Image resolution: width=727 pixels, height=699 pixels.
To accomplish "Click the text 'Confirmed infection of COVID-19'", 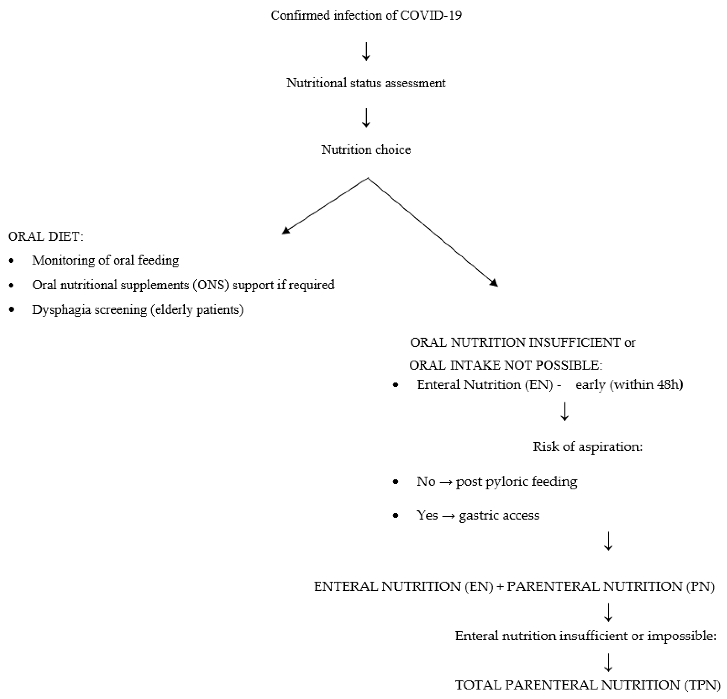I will (366, 15).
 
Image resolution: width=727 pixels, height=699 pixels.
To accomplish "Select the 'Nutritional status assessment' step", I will (366, 83).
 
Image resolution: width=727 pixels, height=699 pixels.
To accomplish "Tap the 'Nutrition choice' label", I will (366, 149).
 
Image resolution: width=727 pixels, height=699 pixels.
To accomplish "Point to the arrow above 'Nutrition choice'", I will (366, 118).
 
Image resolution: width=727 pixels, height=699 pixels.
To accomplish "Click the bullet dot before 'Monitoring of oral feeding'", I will (11, 261).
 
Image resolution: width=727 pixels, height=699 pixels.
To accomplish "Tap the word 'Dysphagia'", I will (59, 310).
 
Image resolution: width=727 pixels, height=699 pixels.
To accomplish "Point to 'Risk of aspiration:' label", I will (587, 446).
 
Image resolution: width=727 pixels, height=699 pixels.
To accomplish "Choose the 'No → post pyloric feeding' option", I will (497, 481).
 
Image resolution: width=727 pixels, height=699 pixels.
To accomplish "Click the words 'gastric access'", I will (499, 515).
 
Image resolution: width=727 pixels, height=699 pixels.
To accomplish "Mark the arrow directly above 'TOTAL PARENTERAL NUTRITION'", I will (608, 662).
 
